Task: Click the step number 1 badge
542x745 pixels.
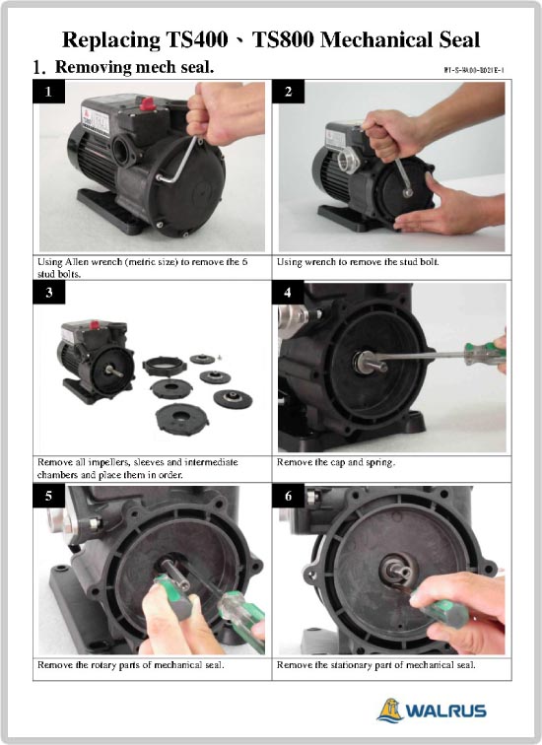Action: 49,92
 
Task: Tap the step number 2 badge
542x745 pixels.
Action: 289,92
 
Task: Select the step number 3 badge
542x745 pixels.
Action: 49,292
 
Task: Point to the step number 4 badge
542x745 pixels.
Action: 289,292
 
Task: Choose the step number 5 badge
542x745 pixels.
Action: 49,496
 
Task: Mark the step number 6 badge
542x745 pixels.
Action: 289,496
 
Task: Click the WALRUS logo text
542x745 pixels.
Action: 445,711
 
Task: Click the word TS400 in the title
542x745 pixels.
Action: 197,39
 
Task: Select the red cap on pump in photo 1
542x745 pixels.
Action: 148,103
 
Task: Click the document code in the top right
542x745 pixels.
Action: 474,70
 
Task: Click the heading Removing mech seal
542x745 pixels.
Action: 134,67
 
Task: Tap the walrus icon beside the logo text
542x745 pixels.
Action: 390,710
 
